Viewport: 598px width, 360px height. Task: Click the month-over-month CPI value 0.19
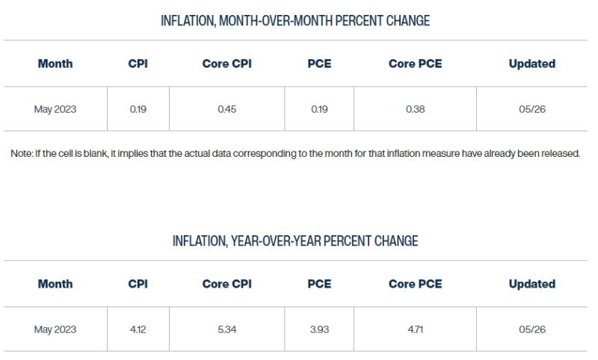click(138, 109)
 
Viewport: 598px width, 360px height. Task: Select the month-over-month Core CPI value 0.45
click(227, 109)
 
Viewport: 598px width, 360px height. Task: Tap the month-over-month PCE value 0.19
click(319, 109)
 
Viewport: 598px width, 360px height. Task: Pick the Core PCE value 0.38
click(415, 109)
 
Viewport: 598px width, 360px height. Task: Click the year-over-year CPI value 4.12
click(138, 329)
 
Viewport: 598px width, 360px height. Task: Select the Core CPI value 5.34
click(227, 329)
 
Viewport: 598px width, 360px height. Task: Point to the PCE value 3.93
click(319, 329)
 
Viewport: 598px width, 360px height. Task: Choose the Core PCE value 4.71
click(416, 329)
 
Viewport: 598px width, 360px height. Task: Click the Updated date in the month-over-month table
click(532, 109)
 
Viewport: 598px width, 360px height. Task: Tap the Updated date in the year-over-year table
click(532, 329)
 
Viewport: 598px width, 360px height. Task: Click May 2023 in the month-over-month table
click(55, 110)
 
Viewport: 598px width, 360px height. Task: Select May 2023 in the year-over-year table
click(55, 330)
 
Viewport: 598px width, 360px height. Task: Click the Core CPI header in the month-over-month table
click(227, 63)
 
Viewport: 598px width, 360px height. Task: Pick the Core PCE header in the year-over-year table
click(416, 284)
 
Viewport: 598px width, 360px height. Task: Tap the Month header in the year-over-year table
click(55, 284)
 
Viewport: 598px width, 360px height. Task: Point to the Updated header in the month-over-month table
click(532, 64)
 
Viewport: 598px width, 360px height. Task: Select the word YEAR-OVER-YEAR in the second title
click(276, 241)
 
